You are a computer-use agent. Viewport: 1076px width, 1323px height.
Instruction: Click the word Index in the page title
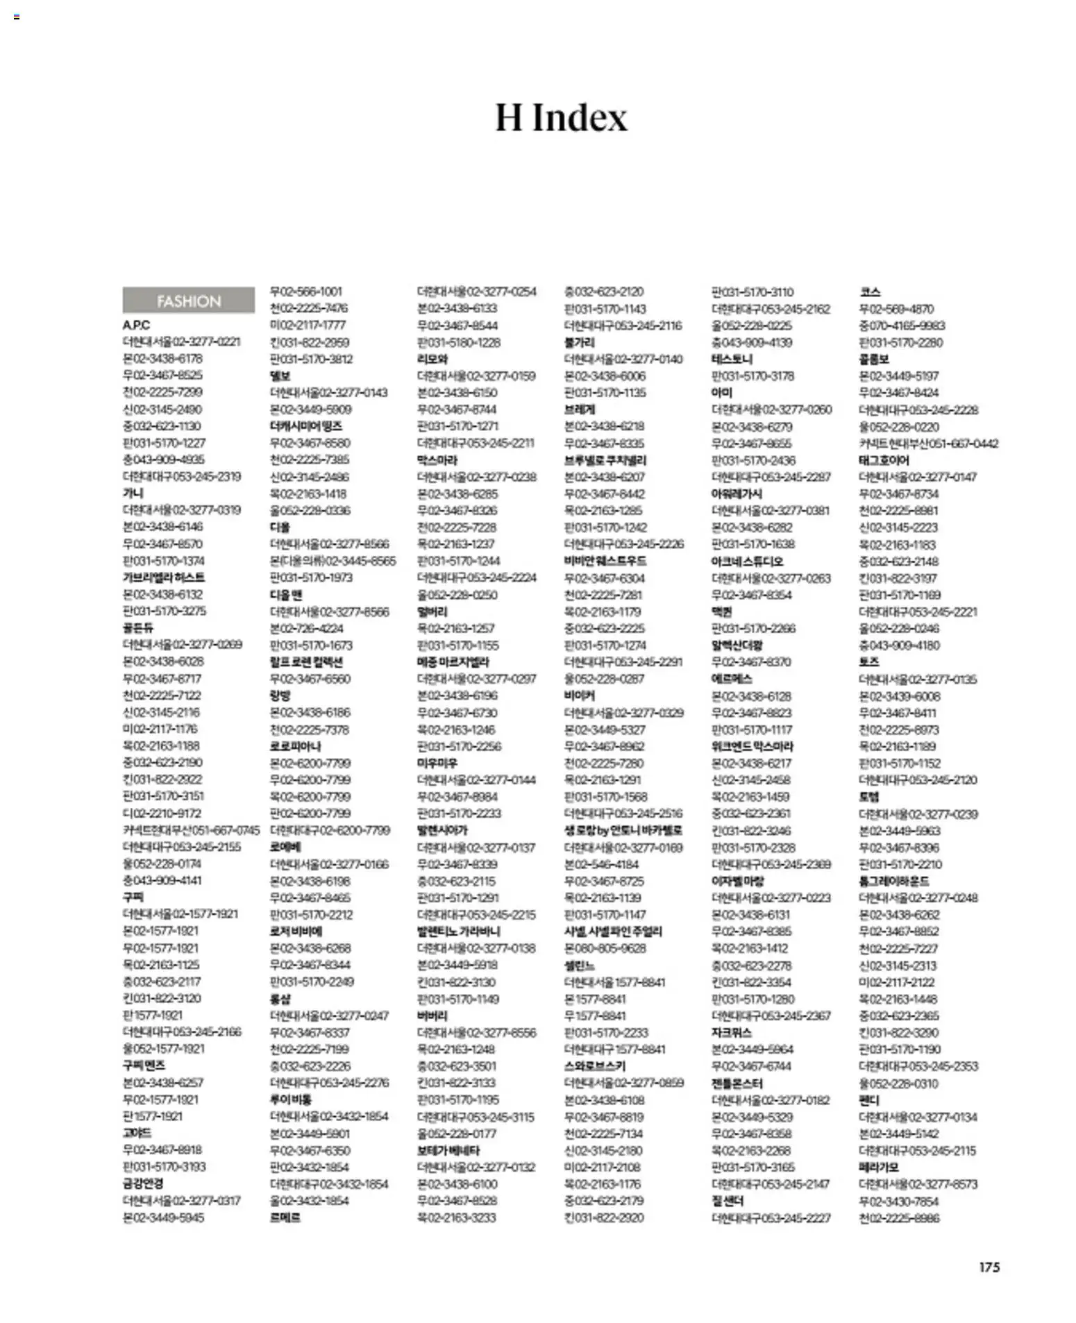pyautogui.click(x=580, y=117)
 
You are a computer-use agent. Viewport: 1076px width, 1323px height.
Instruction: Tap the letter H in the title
pyautogui.click(x=508, y=117)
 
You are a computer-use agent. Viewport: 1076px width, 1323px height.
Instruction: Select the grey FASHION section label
pyautogui.click(x=188, y=301)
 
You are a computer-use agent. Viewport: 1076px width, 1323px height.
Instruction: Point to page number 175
pyautogui.click(x=989, y=1267)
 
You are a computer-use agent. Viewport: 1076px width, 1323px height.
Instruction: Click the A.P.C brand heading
pyautogui.click(x=136, y=325)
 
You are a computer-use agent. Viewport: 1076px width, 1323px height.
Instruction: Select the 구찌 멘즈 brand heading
pyautogui.click(x=144, y=1065)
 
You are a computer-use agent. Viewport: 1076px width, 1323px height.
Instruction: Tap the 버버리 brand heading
pyautogui.click(x=432, y=1016)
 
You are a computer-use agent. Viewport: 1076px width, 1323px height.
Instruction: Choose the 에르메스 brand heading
pyautogui.click(x=732, y=679)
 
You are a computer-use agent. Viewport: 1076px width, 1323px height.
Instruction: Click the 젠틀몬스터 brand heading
pyautogui.click(x=737, y=1083)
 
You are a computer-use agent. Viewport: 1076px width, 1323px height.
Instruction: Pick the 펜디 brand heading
pyautogui.click(x=868, y=1099)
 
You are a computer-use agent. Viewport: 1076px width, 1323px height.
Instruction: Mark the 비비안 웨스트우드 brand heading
pyautogui.click(x=605, y=561)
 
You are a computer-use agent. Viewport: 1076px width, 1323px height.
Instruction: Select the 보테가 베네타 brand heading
pyautogui.click(x=448, y=1150)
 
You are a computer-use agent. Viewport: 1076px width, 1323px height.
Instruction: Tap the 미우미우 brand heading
pyautogui.click(x=437, y=763)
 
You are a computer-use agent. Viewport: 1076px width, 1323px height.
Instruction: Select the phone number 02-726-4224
pyautogui.click(x=312, y=628)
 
